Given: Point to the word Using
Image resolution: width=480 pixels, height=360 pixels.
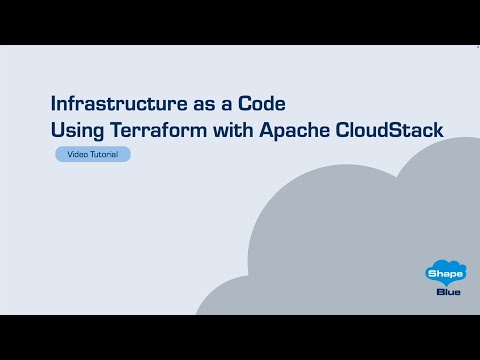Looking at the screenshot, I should [x=77, y=130].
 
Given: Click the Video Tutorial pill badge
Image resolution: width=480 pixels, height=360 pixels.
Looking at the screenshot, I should [x=92, y=155].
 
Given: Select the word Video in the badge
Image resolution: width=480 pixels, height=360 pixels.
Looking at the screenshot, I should [x=77, y=155].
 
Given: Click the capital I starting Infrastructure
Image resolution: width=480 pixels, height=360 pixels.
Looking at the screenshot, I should [x=54, y=103].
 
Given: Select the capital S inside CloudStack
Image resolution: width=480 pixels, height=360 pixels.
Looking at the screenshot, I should [x=405, y=130].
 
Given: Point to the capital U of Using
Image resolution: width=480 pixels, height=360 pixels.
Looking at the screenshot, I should [x=57, y=130].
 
